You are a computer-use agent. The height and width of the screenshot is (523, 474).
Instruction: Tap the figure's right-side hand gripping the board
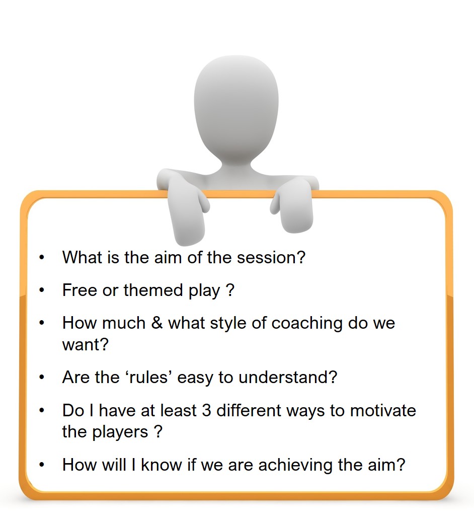[x=292, y=204]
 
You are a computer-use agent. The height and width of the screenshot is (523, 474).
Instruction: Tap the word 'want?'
[x=85, y=345]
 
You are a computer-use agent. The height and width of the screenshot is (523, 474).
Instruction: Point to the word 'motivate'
[x=383, y=410]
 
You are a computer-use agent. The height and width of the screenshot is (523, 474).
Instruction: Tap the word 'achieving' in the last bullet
[x=296, y=465]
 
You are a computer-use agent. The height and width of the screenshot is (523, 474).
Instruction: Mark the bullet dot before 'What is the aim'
[x=42, y=258]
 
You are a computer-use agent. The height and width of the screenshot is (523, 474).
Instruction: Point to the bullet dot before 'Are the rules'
[x=42, y=378]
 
